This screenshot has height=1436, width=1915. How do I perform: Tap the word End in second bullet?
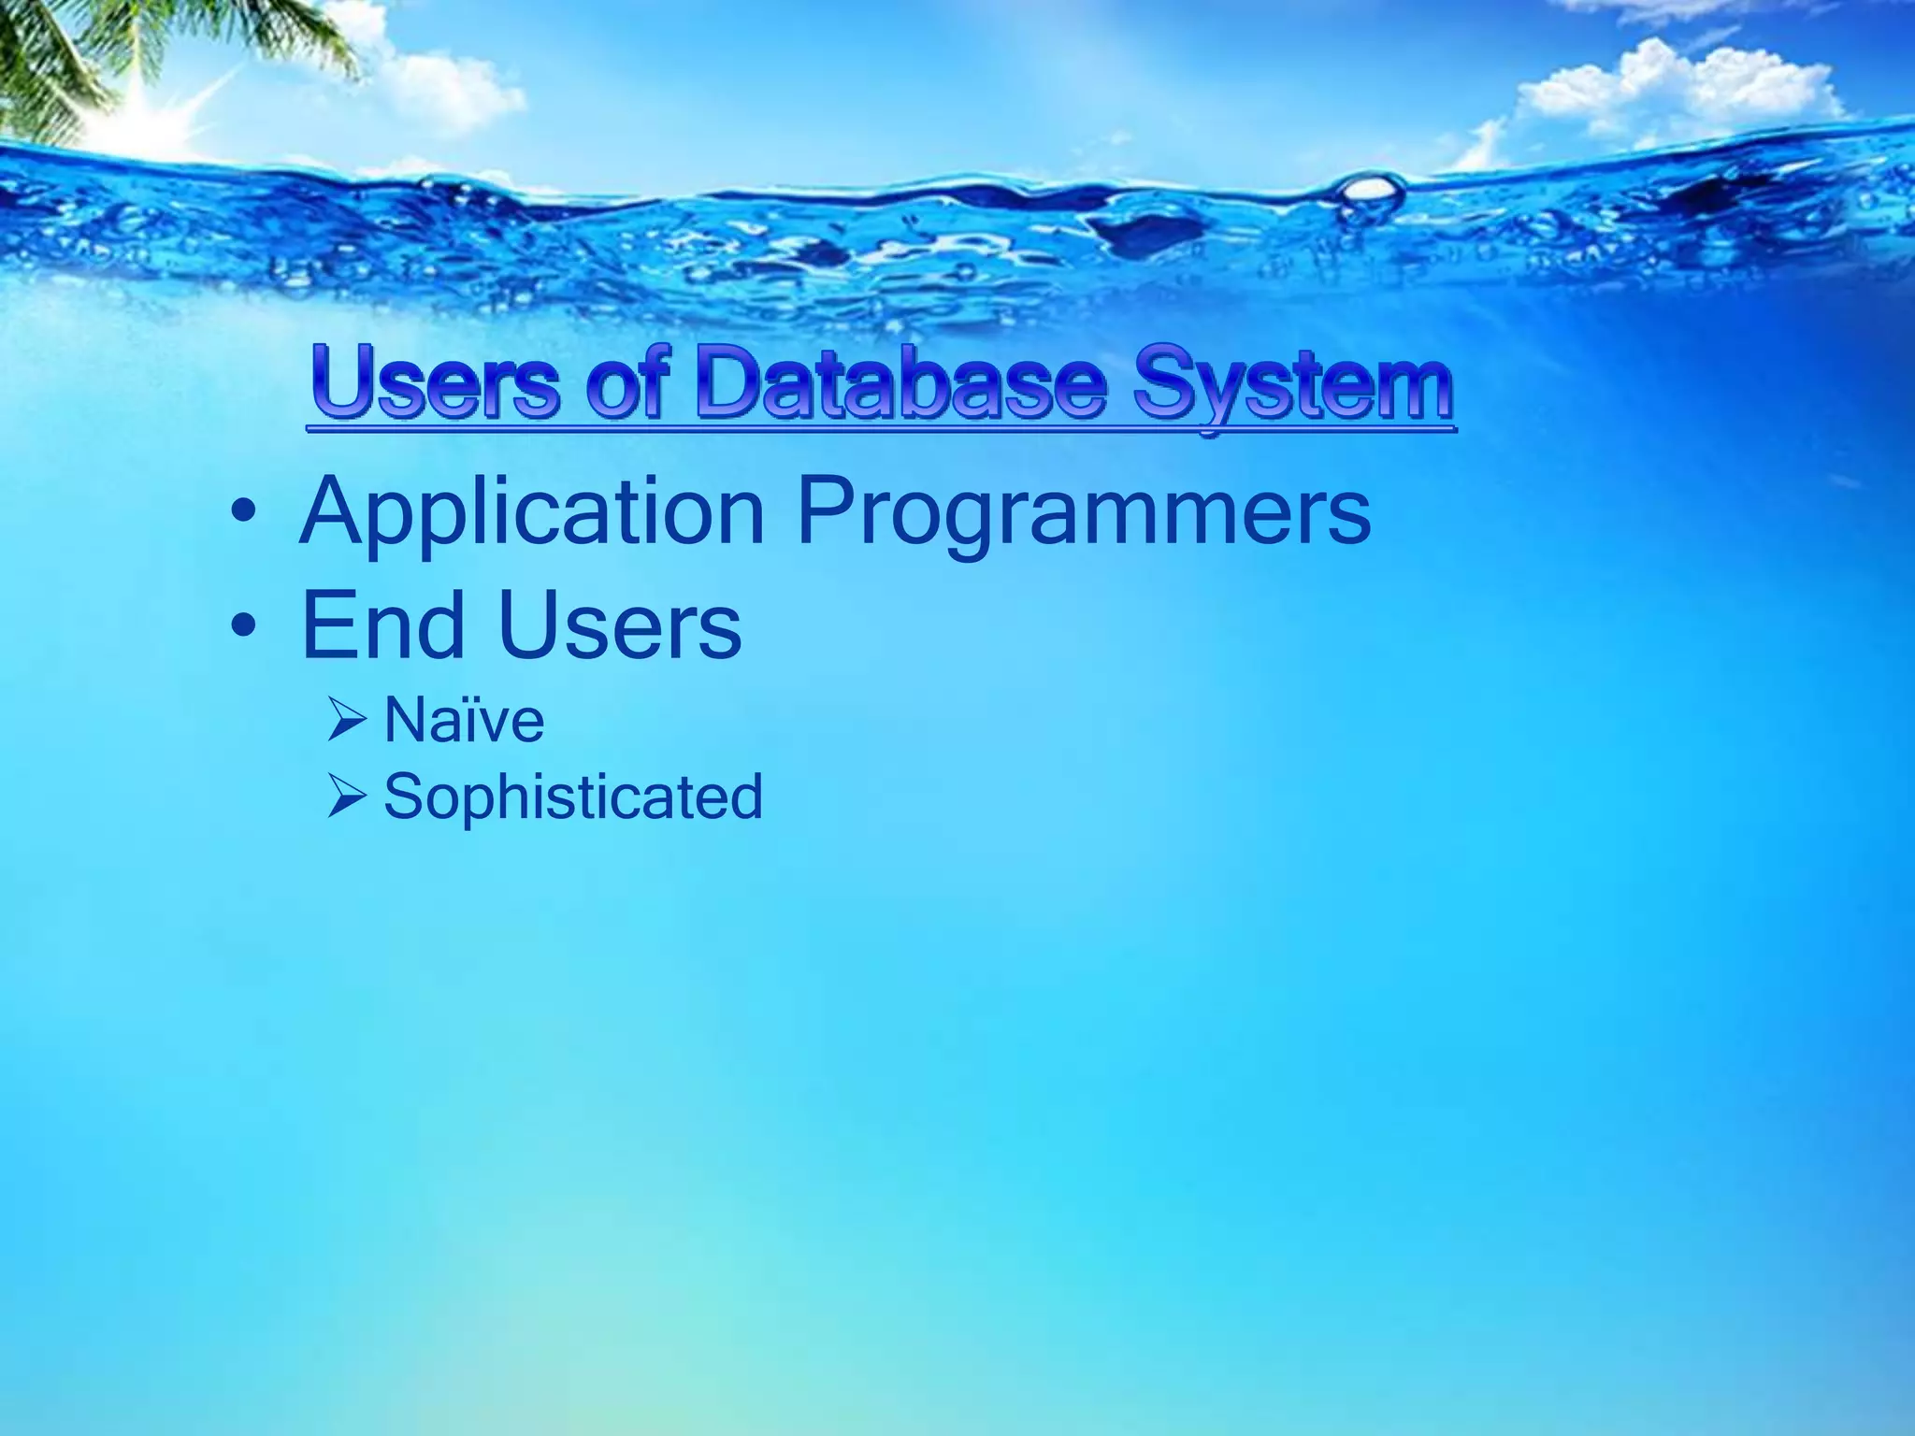tap(383, 625)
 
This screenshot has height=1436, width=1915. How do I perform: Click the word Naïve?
tap(464, 721)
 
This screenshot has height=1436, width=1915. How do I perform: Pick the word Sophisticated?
tap(573, 797)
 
